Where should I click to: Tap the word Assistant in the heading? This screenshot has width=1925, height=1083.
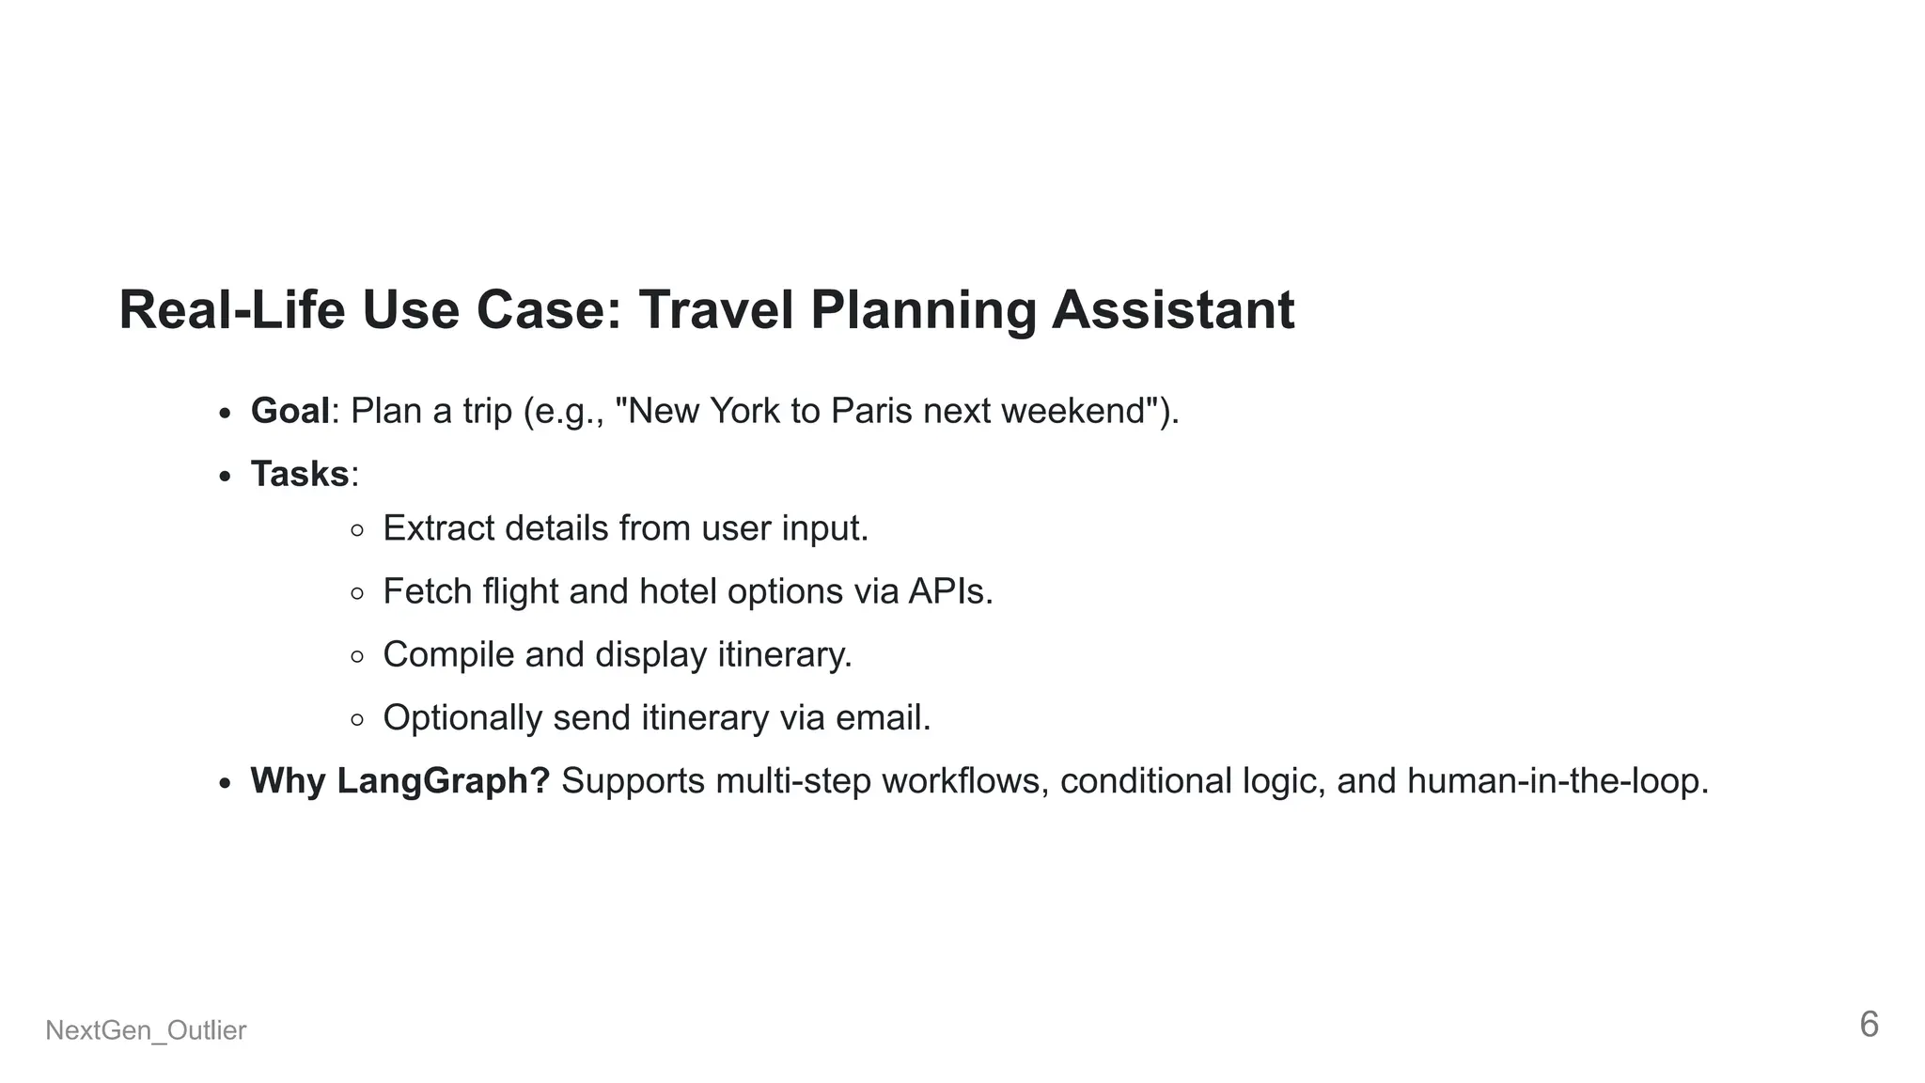[x=1172, y=309]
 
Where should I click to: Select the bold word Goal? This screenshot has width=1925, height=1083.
[x=290, y=411]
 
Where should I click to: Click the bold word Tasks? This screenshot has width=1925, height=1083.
[x=300, y=474]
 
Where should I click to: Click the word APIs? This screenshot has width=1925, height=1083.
[x=949, y=591]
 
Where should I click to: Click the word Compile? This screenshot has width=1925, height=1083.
[x=448, y=654]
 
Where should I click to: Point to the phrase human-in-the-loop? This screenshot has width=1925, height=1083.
[x=1557, y=781]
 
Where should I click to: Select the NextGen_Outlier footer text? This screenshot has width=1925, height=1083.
[x=146, y=1030]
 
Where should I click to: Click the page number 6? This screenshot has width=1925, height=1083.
[x=1869, y=1025]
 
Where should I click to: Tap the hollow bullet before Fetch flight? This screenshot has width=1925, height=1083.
[x=357, y=593]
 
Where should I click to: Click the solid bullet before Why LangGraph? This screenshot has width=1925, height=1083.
[x=224, y=783]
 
